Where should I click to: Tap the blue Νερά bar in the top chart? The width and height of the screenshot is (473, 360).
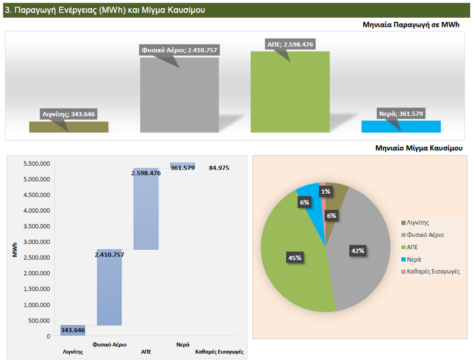coord(401,126)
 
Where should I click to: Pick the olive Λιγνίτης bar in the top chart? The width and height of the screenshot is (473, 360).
coord(69,127)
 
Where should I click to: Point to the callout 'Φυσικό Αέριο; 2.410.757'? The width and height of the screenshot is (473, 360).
coord(179,50)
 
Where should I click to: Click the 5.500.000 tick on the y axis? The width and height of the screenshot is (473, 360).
coord(36,164)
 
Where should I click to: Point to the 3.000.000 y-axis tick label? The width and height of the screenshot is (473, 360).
coord(36,242)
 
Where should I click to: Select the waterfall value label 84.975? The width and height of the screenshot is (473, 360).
coord(219,168)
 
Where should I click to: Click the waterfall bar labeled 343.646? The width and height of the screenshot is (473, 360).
coord(73,330)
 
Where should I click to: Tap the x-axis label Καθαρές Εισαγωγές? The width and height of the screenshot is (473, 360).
coord(219,352)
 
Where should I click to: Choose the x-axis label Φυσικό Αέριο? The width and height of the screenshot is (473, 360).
coord(110,345)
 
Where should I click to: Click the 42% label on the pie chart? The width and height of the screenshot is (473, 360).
coord(358,251)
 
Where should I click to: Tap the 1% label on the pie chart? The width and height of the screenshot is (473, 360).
coord(325,191)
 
